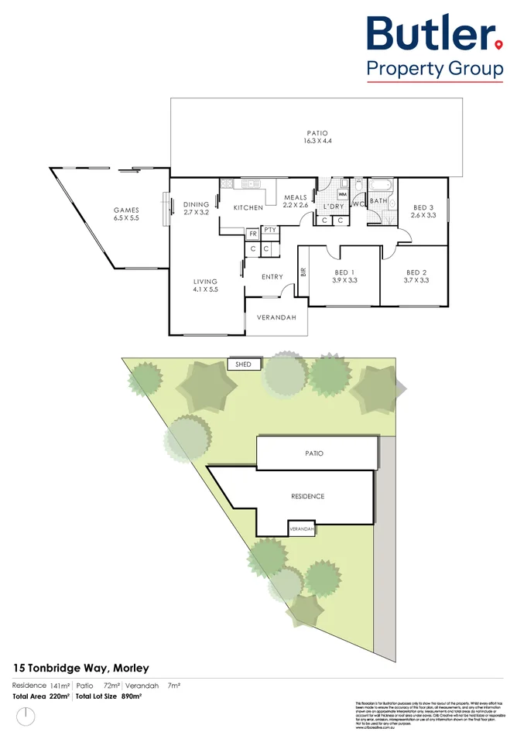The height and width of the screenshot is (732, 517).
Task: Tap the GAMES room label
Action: pos(125,210)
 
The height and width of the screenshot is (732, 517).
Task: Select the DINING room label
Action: pos(196,205)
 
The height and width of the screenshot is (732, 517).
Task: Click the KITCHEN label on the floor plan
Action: pos(248,207)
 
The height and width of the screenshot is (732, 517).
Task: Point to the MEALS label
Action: pos(296,197)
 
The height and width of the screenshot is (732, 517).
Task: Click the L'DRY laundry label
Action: pos(334,207)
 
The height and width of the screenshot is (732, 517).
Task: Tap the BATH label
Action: pos(378,201)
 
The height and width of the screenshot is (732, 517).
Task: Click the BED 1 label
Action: pos(344,272)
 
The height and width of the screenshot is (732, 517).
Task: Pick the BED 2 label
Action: pos(416,272)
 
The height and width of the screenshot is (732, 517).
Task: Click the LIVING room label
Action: pos(205,282)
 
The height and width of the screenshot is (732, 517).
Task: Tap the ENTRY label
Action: pos(272,277)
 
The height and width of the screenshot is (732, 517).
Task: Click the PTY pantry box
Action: pos(269,231)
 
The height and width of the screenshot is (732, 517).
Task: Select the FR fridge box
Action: pos(252,233)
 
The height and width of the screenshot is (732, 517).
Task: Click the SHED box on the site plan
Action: pos(243,364)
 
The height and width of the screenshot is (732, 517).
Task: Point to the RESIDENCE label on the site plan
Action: pos(307,496)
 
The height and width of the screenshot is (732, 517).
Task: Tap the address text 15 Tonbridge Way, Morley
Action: pos(81,668)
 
